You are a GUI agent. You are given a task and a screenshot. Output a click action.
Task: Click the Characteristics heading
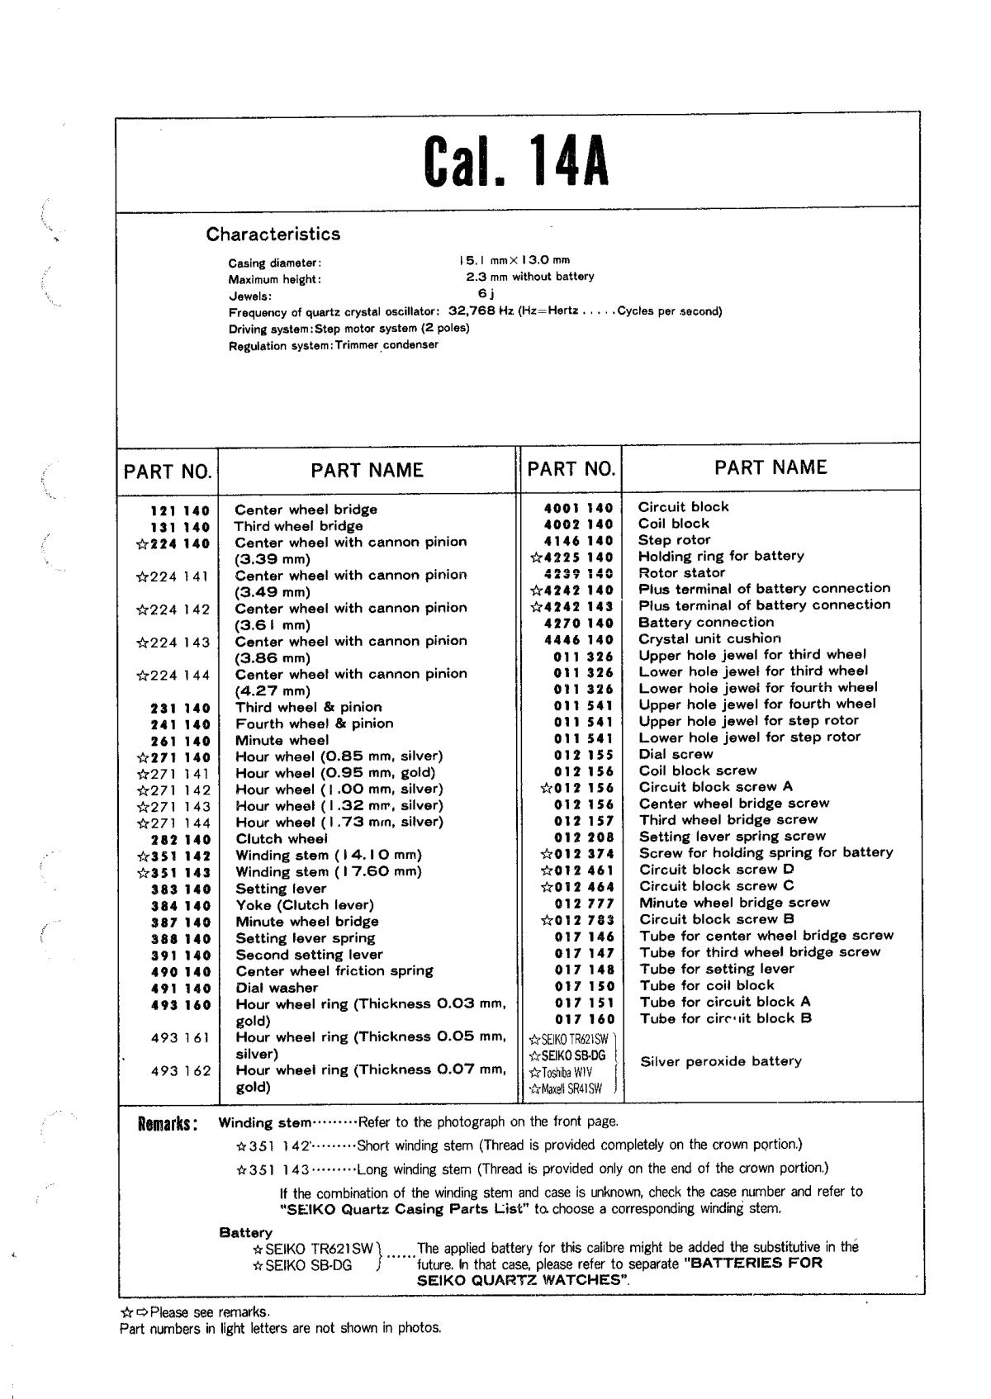click(x=273, y=234)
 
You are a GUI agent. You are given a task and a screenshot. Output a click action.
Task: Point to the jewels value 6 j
click(x=486, y=293)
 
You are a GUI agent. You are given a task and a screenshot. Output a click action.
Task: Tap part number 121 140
click(x=180, y=510)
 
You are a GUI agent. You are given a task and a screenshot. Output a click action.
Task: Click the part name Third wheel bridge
click(x=298, y=526)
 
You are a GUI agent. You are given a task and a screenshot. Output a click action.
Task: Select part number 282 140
click(x=180, y=839)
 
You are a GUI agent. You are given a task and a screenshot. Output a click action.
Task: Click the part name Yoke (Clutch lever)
click(x=305, y=905)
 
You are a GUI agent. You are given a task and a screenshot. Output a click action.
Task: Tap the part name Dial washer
click(x=277, y=988)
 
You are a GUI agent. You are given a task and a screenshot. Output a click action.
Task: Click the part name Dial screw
click(x=676, y=754)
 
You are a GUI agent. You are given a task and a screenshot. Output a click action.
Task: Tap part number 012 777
click(x=584, y=903)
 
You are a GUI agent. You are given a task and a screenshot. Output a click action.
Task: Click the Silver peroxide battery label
click(x=720, y=1061)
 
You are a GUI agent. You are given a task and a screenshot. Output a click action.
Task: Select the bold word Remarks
click(x=168, y=1124)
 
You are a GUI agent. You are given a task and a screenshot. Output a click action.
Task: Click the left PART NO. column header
click(x=168, y=472)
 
